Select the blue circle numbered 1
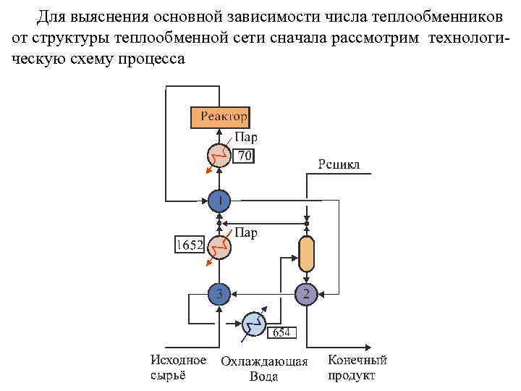pos(219,199)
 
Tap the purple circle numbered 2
pos(306,293)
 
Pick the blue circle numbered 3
pos(219,293)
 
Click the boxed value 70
pos(245,155)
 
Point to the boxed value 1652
pos(190,245)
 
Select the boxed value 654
pos(281,332)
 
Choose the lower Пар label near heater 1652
pos(246,232)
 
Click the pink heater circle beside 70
pos(219,156)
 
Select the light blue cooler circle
pos(253,324)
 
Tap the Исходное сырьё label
pos(177,367)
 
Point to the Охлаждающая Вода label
pos(264,369)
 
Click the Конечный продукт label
pos(357,367)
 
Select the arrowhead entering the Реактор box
pos(219,132)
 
